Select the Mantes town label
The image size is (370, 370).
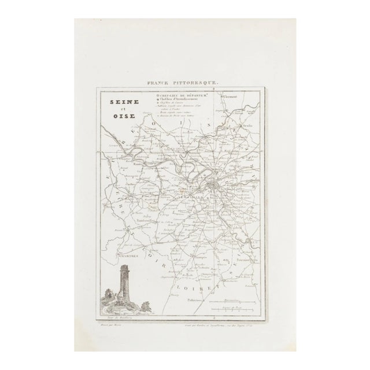(138, 164)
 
